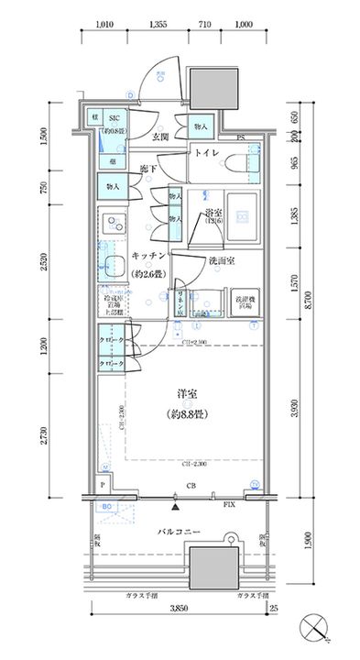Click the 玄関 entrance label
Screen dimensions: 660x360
(x=160, y=137)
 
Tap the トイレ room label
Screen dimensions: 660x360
(x=208, y=153)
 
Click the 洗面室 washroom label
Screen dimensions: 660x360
(x=221, y=261)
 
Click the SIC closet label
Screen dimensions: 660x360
(x=116, y=118)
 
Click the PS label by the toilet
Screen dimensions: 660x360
(x=240, y=137)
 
